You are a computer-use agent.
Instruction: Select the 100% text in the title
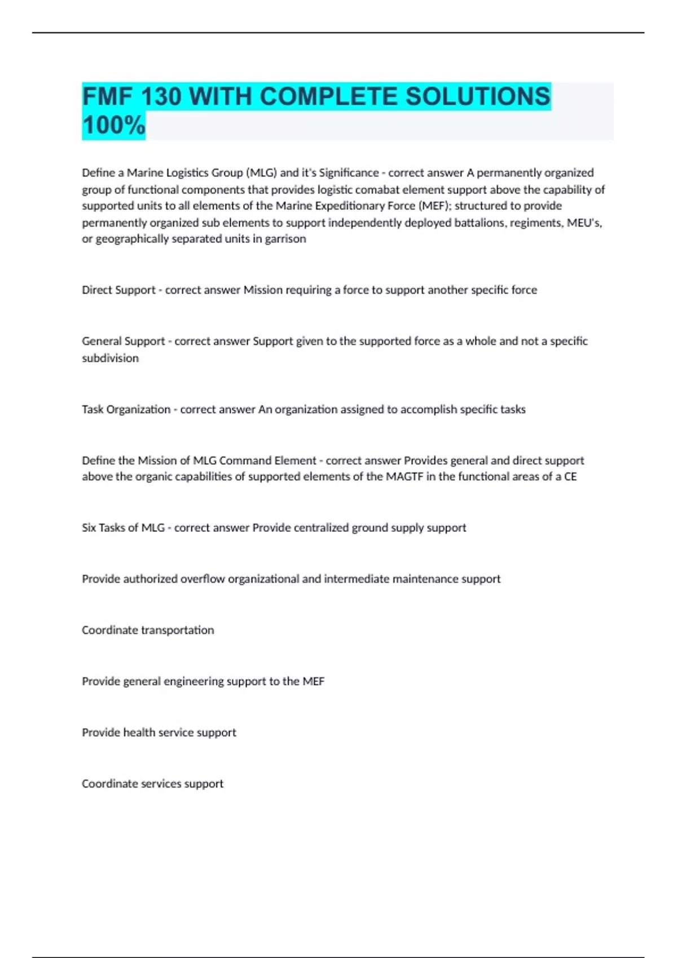(113, 125)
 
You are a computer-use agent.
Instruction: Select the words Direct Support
(118, 290)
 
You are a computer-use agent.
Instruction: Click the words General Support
(123, 341)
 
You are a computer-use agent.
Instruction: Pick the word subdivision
(110, 358)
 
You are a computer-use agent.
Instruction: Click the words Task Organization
(126, 409)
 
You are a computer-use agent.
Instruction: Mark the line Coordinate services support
(152, 784)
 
